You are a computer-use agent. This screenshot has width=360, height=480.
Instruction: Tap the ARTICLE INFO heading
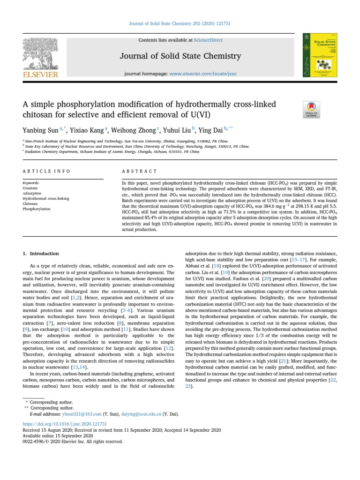click(47, 172)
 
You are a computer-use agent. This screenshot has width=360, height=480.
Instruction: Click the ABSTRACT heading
click(140, 172)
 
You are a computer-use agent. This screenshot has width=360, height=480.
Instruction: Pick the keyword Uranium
click(30, 187)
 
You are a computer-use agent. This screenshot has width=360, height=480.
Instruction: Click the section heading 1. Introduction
click(41, 254)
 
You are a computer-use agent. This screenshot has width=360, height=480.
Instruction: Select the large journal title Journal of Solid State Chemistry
click(180, 56)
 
